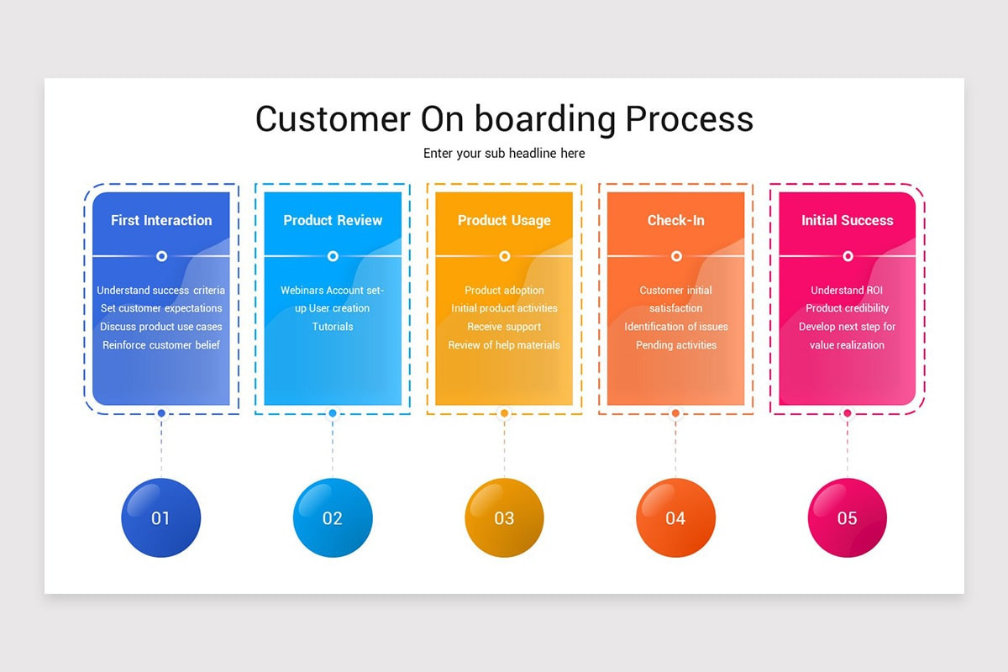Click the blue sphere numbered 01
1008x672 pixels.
tap(161, 517)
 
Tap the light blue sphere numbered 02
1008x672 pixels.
tap(333, 517)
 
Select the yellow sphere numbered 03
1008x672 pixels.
tap(504, 517)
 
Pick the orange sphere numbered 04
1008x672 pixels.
tap(675, 517)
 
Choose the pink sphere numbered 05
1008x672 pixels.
tap(847, 517)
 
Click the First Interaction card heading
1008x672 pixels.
tap(161, 220)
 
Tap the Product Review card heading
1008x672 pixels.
tap(333, 220)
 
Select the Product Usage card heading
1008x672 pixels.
tap(504, 220)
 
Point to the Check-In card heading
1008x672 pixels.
tap(675, 220)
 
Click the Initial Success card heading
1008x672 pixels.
tap(847, 220)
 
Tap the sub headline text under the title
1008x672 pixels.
tap(504, 154)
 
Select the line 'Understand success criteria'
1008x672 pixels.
tap(161, 291)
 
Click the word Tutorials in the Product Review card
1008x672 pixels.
tap(333, 327)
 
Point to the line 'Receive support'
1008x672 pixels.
tap(504, 327)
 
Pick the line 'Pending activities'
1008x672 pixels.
tap(675, 345)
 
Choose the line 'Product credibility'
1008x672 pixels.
tap(847, 308)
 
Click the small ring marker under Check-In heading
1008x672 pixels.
tap(676, 256)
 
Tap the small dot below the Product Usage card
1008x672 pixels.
tap(504, 413)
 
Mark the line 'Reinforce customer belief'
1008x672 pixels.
tap(161, 345)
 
